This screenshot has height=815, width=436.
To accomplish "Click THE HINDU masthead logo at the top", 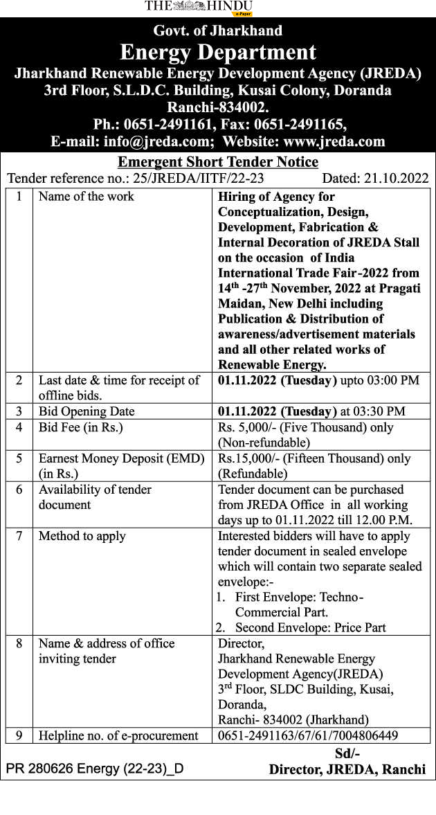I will pyautogui.click(x=199, y=6).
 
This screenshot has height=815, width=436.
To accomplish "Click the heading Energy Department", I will pyautogui.click(x=218, y=52).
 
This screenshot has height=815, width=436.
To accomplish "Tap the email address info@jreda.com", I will pyautogui.click(x=158, y=141).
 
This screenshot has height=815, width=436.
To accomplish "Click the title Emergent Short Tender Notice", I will pyautogui.click(x=218, y=162).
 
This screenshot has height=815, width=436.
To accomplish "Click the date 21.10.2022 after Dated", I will pyautogui.click(x=395, y=178).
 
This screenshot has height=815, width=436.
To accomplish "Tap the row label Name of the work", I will pyautogui.click(x=87, y=197).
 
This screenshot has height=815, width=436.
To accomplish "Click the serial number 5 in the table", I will pyautogui.click(x=19, y=458).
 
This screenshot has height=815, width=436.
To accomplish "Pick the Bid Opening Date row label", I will pyautogui.click(x=87, y=411).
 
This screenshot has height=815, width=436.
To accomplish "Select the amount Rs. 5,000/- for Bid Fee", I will pyautogui.click(x=246, y=427).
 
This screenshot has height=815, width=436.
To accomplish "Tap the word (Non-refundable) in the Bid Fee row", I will pyautogui.click(x=264, y=442).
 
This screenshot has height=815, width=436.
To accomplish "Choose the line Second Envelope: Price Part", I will pyautogui.click(x=310, y=628).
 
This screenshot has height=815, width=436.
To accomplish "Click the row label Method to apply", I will pyautogui.click(x=82, y=536).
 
